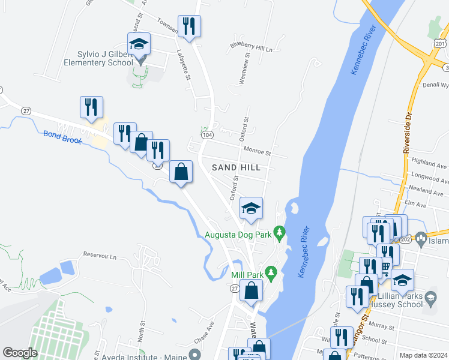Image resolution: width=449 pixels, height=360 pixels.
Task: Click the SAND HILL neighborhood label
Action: tap(236, 167)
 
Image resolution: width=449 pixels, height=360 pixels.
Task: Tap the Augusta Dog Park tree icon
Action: tap(279, 231)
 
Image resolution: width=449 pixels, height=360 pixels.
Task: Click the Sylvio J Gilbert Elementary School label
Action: tap(99, 58)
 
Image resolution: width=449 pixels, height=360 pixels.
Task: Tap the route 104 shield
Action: tap(207, 136)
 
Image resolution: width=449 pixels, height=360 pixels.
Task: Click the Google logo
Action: tap(20, 353)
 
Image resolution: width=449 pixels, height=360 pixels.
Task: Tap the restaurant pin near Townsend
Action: tap(189, 26)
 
